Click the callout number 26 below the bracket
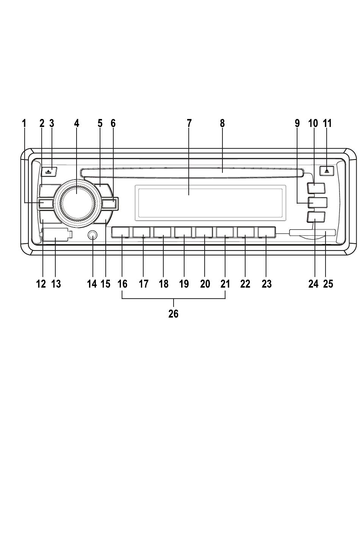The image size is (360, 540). [x=174, y=314]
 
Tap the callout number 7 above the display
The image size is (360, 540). [x=189, y=123]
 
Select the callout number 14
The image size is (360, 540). [x=92, y=284]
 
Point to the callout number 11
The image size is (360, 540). [x=327, y=123]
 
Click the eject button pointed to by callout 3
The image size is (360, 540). [x=49, y=171]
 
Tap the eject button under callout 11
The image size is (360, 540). [x=327, y=171]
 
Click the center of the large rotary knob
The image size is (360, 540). [x=77, y=203]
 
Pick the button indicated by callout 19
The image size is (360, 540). [x=183, y=232]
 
